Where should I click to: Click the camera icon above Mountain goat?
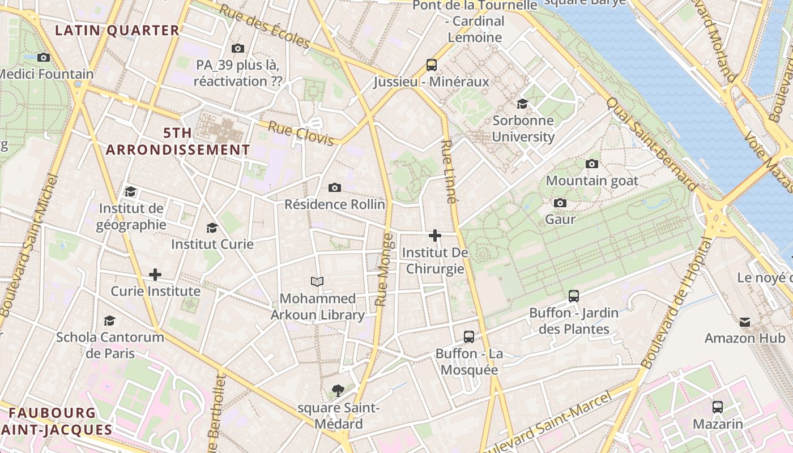click(x=592, y=164)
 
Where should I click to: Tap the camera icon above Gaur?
click(x=560, y=203)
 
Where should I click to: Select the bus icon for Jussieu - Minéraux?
click(x=432, y=65)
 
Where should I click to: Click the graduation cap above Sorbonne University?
click(x=522, y=104)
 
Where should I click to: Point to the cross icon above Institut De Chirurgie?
click(x=435, y=235)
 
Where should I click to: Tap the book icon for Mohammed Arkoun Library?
click(x=317, y=281)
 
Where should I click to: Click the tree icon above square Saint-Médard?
click(x=338, y=390)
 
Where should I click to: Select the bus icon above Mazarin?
click(x=718, y=407)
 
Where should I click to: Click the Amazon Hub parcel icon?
click(x=745, y=322)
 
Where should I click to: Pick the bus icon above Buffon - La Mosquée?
click(x=469, y=337)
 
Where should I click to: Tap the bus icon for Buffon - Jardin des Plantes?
click(x=574, y=296)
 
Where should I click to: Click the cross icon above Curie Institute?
click(x=155, y=275)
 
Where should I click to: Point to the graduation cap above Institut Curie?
click(x=212, y=228)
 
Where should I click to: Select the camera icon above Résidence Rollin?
click(x=335, y=187)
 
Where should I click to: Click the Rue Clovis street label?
click(x=300, y=133)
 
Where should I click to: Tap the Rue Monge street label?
click(x=383, y=270)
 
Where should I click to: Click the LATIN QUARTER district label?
click(x=117, y=31)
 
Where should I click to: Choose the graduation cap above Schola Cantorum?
click(x=109, y=320)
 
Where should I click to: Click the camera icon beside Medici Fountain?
click(x=44, y=57)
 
